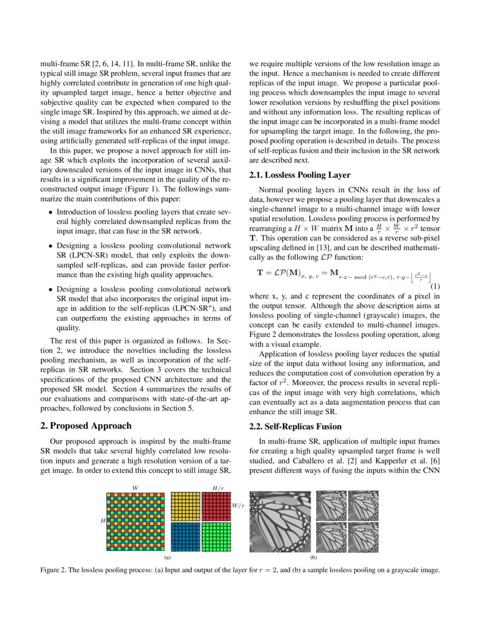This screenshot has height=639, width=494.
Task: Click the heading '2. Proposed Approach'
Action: click(x=86, y=426)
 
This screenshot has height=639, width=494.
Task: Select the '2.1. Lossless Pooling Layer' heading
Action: click(x=299, y=175)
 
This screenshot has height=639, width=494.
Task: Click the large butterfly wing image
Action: click(x=280, y=521)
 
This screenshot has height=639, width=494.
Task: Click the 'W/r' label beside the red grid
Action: click(x=238, y=506)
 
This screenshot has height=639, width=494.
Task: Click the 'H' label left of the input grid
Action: click(x=103, y=521)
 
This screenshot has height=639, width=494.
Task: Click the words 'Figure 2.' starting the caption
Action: click(x=53, y=570)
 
